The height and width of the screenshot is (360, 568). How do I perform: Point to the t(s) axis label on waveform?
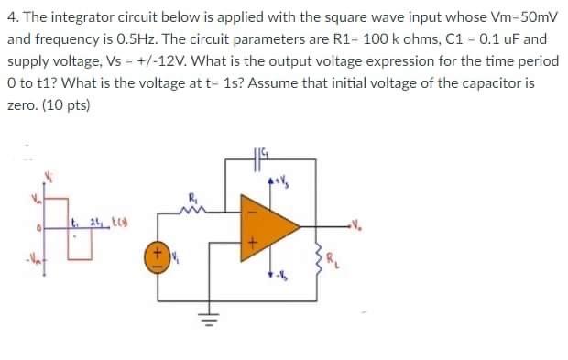coord(119,223)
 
